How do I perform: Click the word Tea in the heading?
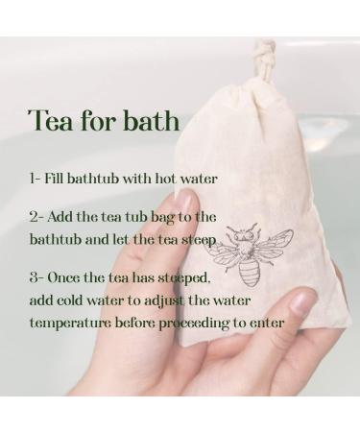pyautogui.click(x=49, y=122)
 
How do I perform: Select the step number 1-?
pyautogui.click(x=36, y=179)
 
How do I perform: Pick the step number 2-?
pyautogui.click(x=37, y=217)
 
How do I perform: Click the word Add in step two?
pyautogui.click(x=67, y=217)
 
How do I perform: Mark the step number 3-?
pyautogui.click(x=37, y=277)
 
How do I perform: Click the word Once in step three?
pyautogui.click(x=70, y=277)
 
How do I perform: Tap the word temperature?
pyautogui.click(x=69, y=323)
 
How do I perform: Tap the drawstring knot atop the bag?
pyautogui.click(x=264, y=48)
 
